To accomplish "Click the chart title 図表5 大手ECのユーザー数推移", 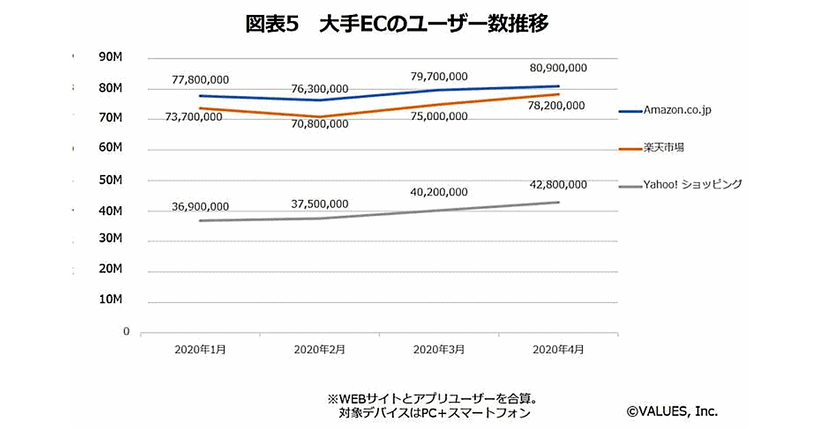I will (397, 25).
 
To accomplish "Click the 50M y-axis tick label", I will (110, 180).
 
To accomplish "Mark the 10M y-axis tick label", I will (110, 300).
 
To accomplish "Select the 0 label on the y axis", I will (127, 332).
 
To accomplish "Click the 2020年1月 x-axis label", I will (200, 349).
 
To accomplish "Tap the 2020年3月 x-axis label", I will (439, 349).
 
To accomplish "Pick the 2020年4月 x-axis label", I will (558, 349).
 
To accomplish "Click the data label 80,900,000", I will (558, 68).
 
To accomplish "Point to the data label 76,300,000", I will (320, 89).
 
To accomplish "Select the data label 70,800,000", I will (320, 124).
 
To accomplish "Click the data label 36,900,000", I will (200, 206).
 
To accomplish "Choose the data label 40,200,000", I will (439, 193).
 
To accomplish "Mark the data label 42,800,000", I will (558, 185).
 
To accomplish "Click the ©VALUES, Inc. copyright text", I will (672, 411).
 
